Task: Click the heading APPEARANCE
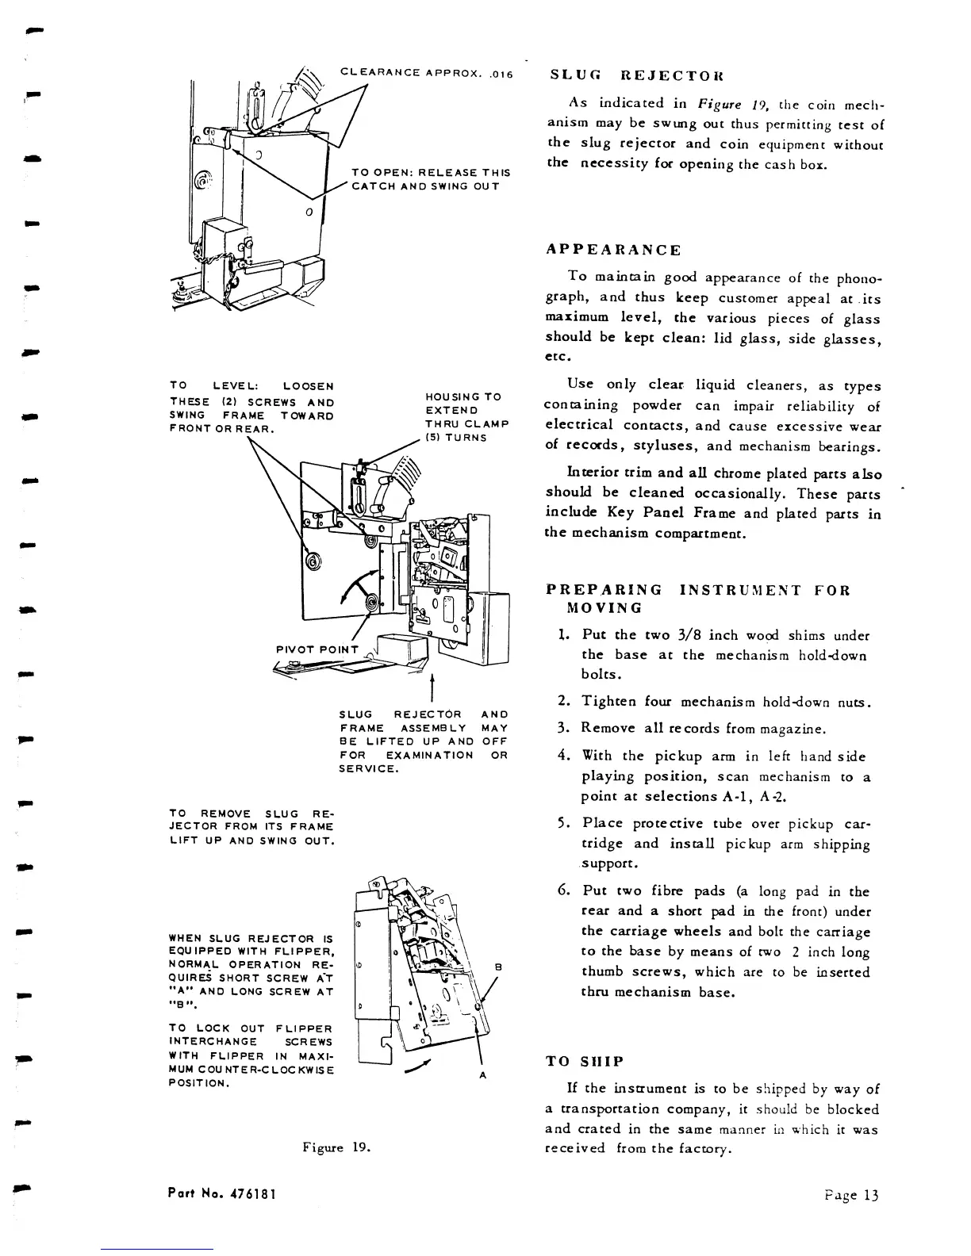(x=613, y=250)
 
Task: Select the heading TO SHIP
(x=585, y=1062)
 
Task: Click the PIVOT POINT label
(x=317, y=650)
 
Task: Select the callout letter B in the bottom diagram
(x=497, y=967)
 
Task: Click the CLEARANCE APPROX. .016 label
(x=427, y=74)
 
